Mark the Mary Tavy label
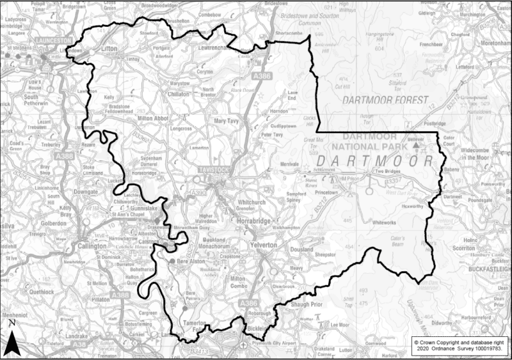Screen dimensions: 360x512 [x=228, y=120]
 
